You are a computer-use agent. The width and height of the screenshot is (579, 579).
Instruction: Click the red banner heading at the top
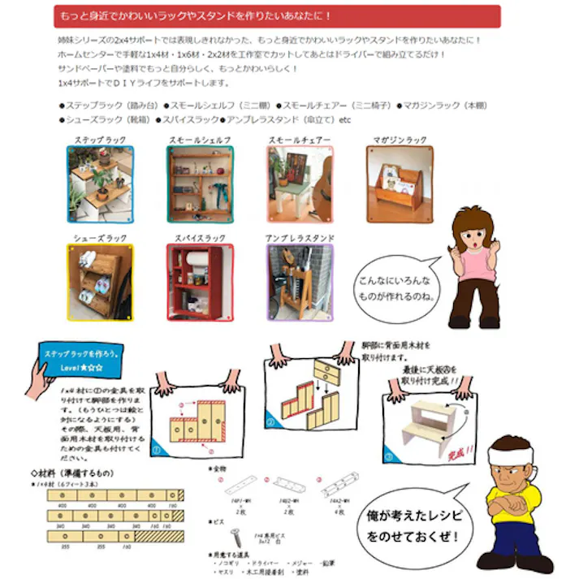[x=276, y=16]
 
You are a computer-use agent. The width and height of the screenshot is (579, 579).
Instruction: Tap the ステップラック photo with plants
[x=100, y=184]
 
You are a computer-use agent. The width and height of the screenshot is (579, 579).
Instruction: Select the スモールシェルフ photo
[x=200, y=184]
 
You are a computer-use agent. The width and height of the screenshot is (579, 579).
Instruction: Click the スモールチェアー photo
[x=300, y=184]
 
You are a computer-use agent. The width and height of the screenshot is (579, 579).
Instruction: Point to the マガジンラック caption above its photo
[x=400, y=140]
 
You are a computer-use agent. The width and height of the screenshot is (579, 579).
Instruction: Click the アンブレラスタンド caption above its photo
[x=300, y=238]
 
